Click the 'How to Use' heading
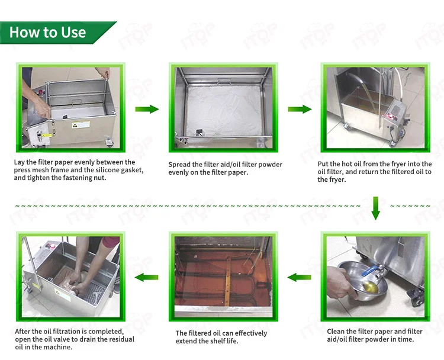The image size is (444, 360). coord(47,33)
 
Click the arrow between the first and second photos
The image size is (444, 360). coord(147,109)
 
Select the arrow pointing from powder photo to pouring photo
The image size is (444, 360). coord(300,109)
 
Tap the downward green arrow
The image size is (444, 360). coord(376,208)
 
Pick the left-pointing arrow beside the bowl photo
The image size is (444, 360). coord(300,277)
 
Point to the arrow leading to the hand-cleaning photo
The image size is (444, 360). coord(147,277)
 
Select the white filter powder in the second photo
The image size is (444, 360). coord(224,111)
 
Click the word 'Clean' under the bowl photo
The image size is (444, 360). coord(336,332)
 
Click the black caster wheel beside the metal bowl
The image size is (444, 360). coord(417,297)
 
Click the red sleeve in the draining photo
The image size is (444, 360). coord(111,242)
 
